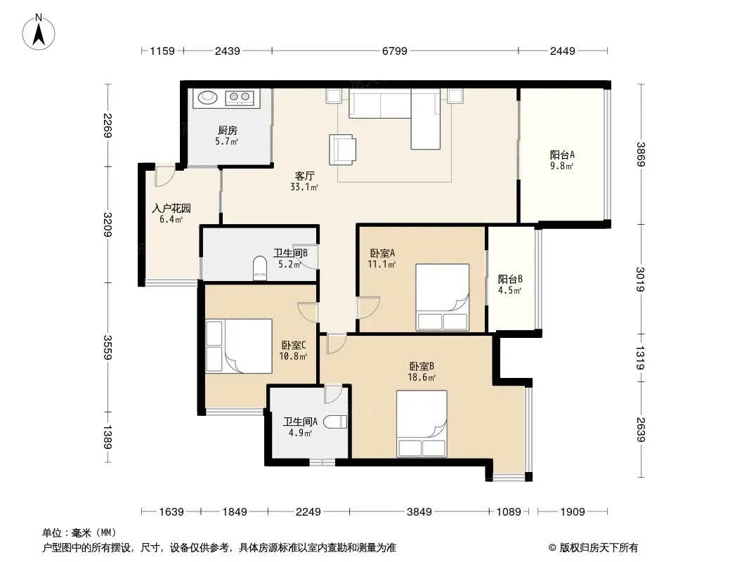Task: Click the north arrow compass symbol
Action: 39,32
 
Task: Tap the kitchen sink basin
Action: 208,98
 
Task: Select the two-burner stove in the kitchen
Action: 240,98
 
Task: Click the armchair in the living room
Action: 342,150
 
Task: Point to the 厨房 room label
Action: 228,131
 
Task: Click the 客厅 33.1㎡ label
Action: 304,181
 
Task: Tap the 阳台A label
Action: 562,155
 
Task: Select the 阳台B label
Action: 510,280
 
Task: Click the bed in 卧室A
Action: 443,297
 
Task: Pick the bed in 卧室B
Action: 422,424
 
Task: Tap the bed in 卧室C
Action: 239,346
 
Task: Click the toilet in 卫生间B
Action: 259,268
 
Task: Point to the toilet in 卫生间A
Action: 334,422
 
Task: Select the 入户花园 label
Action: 171,209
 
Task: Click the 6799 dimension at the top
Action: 395,51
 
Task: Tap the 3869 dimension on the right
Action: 641,155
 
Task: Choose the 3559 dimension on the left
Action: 108,347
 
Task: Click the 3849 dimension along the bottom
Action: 419,512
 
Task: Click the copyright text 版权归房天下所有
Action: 599,548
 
